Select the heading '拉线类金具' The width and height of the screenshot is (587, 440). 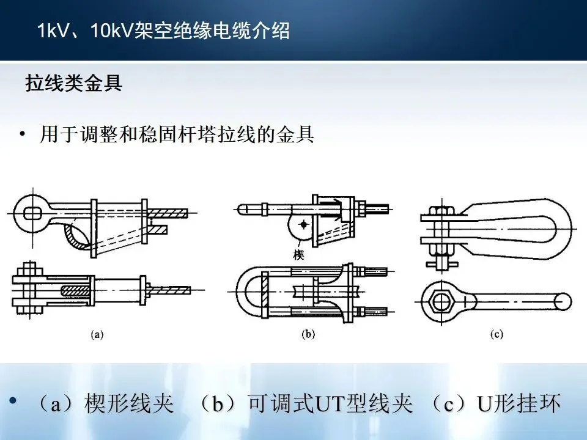73,84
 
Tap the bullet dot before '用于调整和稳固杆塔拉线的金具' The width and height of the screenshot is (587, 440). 23,135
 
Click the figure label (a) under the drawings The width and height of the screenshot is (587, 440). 97,334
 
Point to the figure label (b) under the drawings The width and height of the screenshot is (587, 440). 309,334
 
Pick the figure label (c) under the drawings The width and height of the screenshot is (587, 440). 496,334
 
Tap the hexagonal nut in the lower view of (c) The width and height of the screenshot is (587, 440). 440,301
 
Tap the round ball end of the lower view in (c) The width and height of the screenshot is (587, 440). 563,300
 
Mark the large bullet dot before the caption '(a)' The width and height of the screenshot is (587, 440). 13,401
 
